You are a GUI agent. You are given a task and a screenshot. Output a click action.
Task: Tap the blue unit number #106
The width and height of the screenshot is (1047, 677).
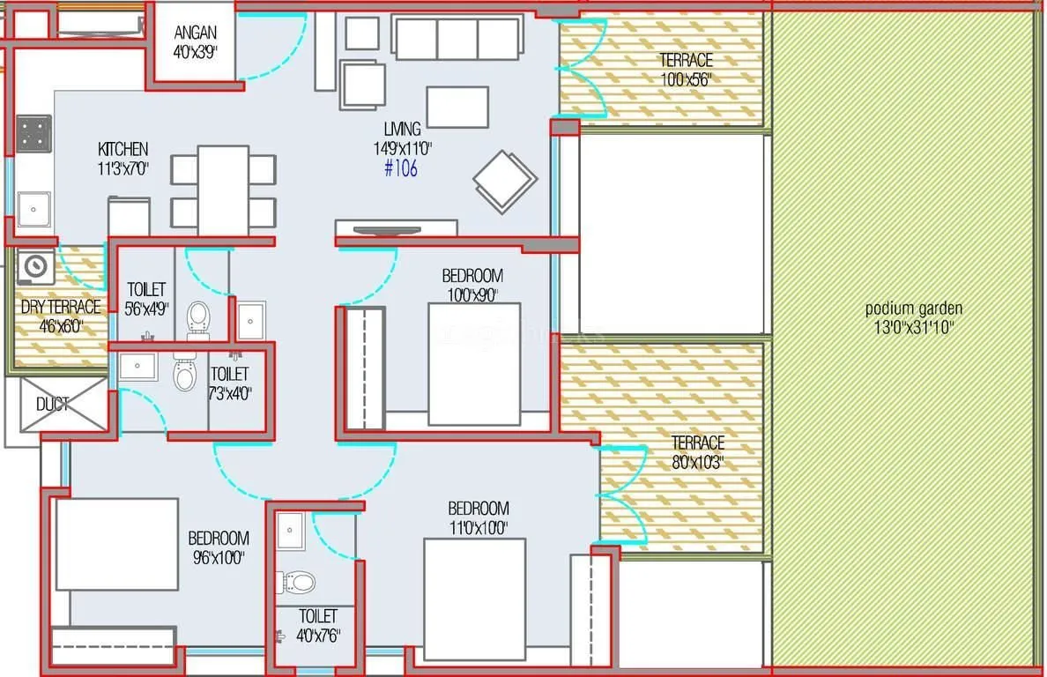[x=401, y=167]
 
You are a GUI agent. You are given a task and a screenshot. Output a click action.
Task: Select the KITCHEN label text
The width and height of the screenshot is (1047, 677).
[x=123, y=149]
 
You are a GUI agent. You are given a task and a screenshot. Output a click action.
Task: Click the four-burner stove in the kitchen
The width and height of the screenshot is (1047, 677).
[x=34, y=134]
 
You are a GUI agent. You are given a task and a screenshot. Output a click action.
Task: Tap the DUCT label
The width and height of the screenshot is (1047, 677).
[x=53, y=405]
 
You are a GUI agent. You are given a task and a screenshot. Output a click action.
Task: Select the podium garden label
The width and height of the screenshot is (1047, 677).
[x=913, y=309]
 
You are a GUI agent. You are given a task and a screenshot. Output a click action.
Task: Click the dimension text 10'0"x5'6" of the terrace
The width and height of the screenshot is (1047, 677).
[x=686, y=78]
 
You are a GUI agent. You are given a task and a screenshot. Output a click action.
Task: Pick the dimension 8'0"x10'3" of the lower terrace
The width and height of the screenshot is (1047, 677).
[x=697, y=461]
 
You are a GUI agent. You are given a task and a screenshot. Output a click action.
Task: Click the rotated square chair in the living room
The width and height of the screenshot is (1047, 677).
[x=504, y=182]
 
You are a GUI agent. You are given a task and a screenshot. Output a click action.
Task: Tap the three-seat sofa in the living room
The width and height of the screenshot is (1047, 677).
[x=457, y=39]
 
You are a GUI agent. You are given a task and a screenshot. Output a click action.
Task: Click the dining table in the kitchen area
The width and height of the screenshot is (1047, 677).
[x=223, y=190]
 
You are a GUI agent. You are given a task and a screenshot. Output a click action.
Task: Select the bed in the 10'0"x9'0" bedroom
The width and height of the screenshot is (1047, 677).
[x=473, y=363]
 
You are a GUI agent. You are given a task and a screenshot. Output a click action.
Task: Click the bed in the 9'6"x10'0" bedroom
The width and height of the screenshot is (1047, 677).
[x=116, y=544]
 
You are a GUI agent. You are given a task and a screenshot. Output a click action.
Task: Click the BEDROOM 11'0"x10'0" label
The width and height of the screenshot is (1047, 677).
[x=479, y=509]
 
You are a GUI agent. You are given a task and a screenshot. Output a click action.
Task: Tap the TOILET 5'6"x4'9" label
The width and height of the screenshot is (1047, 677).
[x=146, y=289]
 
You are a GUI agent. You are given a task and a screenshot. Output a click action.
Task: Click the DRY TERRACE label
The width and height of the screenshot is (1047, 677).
[x=61, y=308]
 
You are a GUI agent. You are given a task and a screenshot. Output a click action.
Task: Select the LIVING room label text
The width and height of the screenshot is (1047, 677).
[x=402, y=130]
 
